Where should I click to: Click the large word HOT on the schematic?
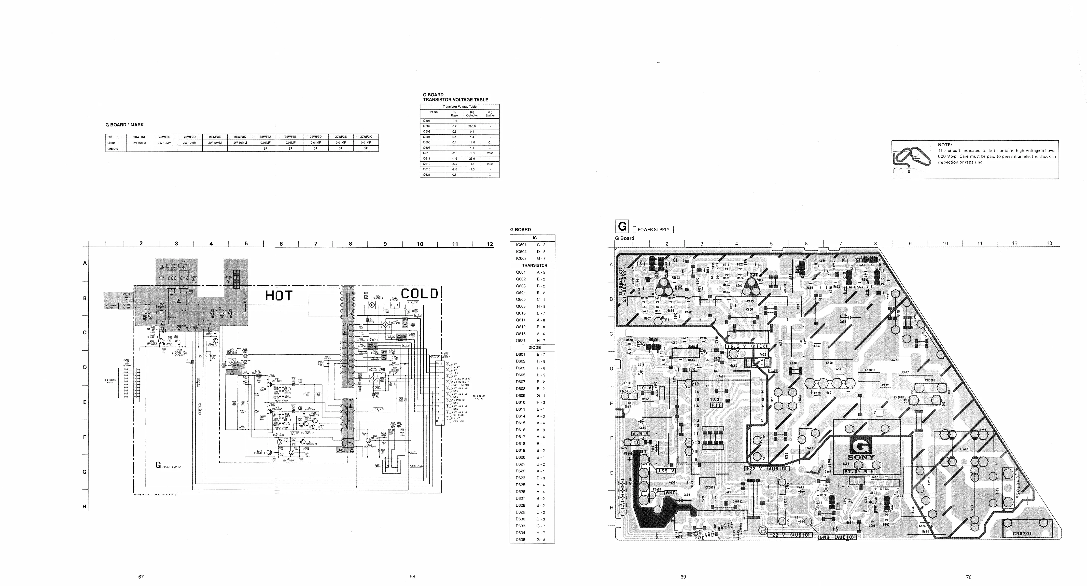279,296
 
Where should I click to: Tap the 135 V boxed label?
666,471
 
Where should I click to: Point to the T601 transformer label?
716,400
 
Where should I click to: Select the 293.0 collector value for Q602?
472,126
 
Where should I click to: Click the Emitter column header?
490,115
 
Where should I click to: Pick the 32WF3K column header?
365,137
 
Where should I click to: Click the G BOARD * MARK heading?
125,125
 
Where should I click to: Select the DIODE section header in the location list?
534,348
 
